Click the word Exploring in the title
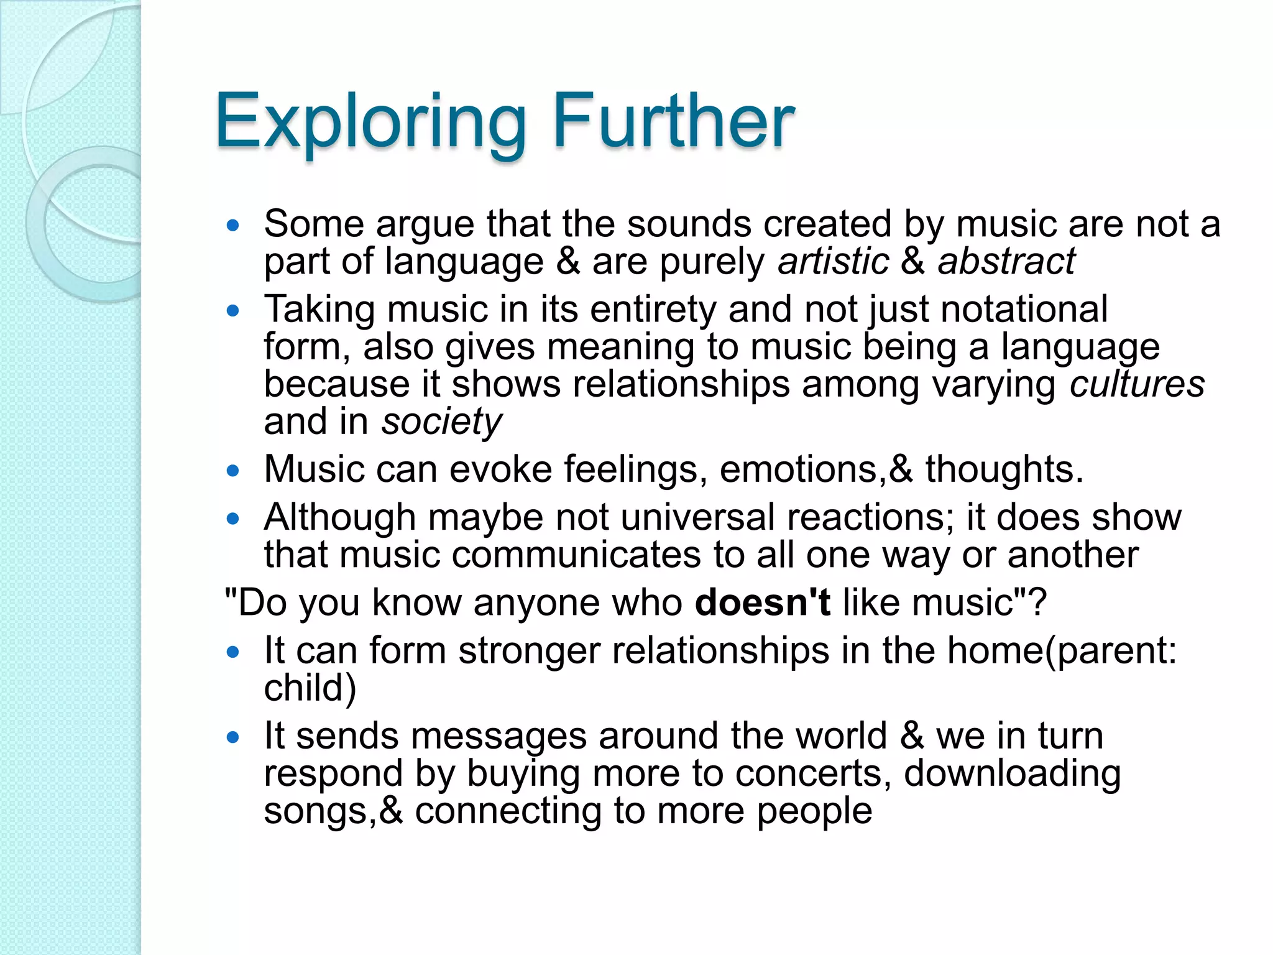[370, 122]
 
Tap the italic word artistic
[834, 261]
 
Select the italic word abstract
[1006, 261]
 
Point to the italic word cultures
[1137, 384]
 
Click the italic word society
[441, 423]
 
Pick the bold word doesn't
[763, 602]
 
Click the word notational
[1024, 309]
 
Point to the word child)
[310, 688]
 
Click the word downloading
[1012, 774]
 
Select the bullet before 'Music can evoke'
[233, 471]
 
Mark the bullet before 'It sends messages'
[233, 737]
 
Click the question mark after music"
[1036, 602]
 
